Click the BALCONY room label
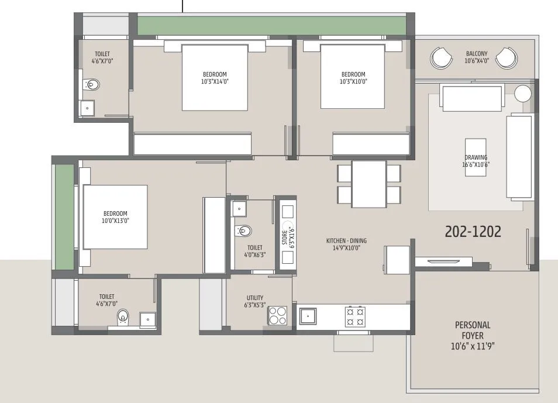point(477,53)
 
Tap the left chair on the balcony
point(442,58)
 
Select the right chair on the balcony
point(507,58)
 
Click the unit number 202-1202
point(473,232)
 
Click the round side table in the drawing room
point(522,94)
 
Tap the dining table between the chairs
point(368,184)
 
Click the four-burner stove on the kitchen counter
point(355,316)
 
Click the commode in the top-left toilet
point(92,85)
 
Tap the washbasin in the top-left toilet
point(87,108)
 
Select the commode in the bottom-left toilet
point(123,317)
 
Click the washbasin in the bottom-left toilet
point(147,319)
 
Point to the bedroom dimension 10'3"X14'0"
point(215,82)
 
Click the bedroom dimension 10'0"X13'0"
point(115,221)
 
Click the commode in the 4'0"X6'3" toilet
point(244,231)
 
